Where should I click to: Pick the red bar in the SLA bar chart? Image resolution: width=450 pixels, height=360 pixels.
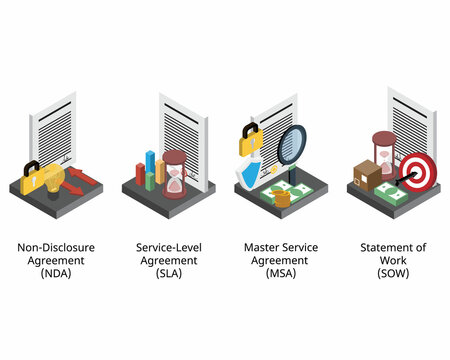point(141,174)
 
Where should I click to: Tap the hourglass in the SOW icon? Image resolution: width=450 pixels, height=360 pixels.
point(383,154)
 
